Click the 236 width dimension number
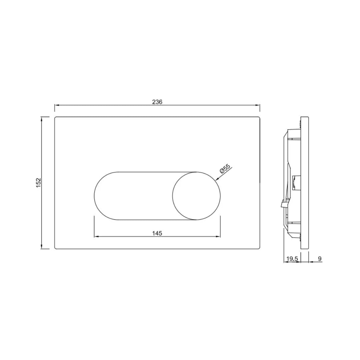pyautogui.click(x=157, y=102)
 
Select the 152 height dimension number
pyautogui.click(x=39, y=182)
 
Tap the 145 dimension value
pyautogui.click(x=157, y=233)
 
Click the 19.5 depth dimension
pyautogui.click(x=292, y=259)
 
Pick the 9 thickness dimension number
pyautogui.click(x=320, y=259)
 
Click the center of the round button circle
pyautogui.click(x=196, y=196)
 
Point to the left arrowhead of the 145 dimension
pyautogui.click(x=96, y=237)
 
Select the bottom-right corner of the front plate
pyautogui.click(x=259, y=248)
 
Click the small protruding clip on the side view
pyautogui.click(x=282, y=203)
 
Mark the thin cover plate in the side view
pyautogui.click(x=304, y=183)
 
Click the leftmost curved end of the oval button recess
pyautogui.click(x=95, y=196)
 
